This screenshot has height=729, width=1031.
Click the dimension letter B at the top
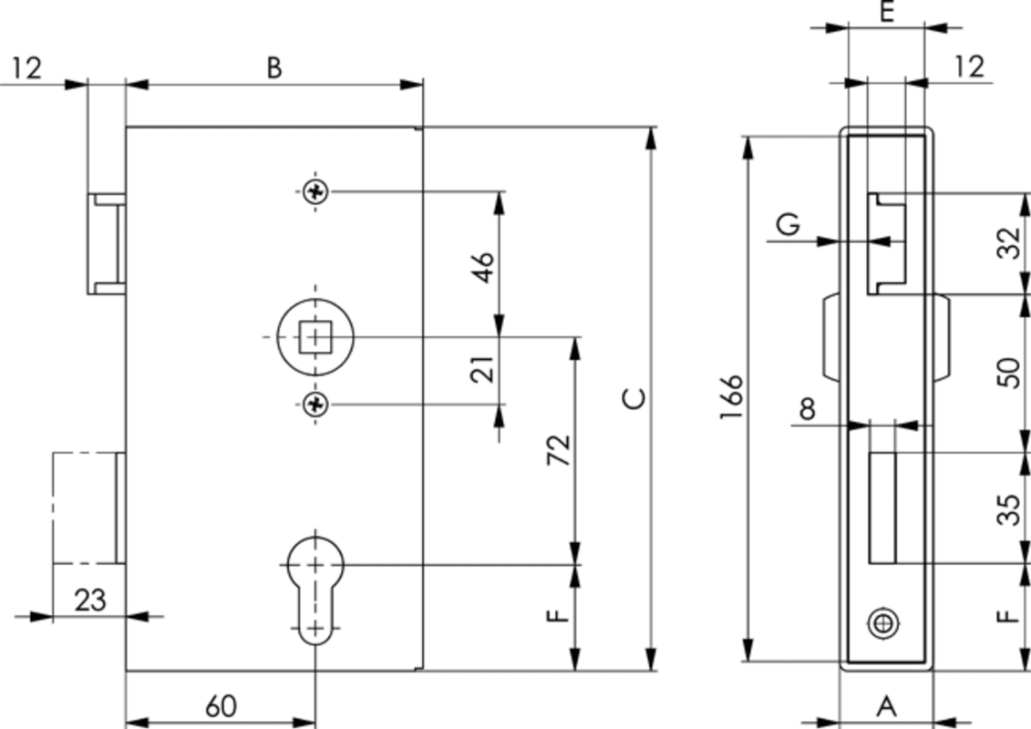coord(273,67)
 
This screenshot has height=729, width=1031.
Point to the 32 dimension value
coord(1008,243)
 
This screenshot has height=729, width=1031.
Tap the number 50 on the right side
coord(1008,372)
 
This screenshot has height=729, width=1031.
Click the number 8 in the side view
coord(807,409)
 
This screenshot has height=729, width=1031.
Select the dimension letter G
coord(789,223)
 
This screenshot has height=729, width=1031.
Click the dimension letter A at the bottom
coord(886,705)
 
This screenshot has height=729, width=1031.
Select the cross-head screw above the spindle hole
coord(315,191)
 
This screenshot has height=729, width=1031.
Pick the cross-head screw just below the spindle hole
coord(315,404)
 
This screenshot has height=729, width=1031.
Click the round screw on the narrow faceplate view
coord(882,623)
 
